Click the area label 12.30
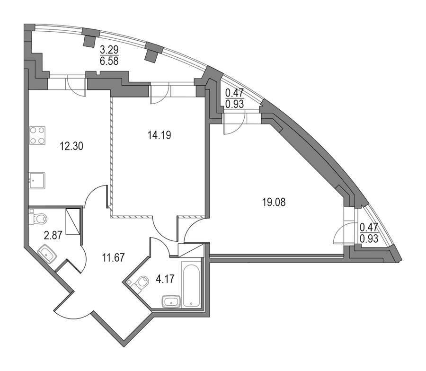[x=71, y=147]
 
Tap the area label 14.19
[x=159, y=135]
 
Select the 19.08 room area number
[x=274, y=203]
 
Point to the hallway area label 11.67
[x=113, y=257]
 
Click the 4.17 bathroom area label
[x=165, y=279]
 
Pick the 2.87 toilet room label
[x=53, y=235]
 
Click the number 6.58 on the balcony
[x=109, y=61]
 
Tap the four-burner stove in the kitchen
[x=37, y=135]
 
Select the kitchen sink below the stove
[x=37, y=180]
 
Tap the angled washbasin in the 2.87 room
[x=47, y=255]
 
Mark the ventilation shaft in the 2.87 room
[x=73, y=221]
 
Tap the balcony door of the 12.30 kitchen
[x=76, y=85]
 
